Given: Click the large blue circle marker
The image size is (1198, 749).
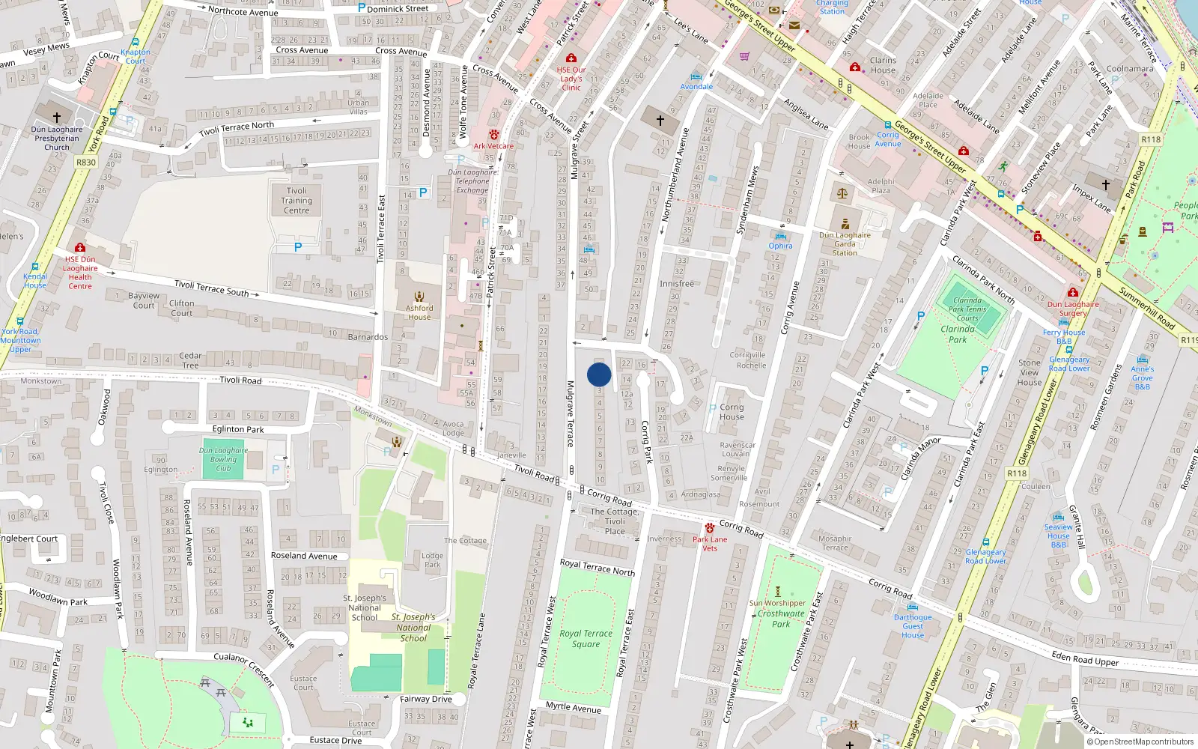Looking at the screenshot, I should tap(599, 374).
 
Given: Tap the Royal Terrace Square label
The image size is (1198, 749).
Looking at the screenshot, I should tap(586, 638).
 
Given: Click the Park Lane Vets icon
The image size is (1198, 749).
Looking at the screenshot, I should tap(710, 528).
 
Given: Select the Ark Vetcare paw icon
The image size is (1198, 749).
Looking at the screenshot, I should tap(493, 135).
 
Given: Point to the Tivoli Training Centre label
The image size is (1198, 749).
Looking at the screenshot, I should tap(297, 201).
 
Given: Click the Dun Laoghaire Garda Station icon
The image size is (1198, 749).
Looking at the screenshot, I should tap(845, 224).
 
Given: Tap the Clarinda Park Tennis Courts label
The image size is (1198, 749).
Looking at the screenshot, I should tap(967, 309).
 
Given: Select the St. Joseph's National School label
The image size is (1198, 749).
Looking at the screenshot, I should tap(365, 607).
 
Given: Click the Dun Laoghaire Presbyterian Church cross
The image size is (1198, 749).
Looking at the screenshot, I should tap(56, 118).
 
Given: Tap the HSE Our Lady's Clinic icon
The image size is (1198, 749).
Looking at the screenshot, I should tap(571, 58).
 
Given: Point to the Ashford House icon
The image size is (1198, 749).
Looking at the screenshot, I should tap(419, 296).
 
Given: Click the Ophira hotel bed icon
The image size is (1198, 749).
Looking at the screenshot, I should tap(780, 236).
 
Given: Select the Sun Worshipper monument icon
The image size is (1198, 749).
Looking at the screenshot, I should tap(777, 592).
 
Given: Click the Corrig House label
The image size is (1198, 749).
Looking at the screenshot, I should tap(732, 412).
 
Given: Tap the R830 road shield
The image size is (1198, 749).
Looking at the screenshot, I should tap(86, 162).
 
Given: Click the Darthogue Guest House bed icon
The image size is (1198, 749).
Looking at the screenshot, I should tap(912, 607).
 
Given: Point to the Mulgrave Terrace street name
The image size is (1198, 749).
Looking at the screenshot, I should tap(570, 413).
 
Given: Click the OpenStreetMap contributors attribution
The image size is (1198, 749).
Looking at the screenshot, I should tap(1140, 742).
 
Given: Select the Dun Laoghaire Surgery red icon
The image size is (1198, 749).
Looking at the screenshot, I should tap(1072, 293).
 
